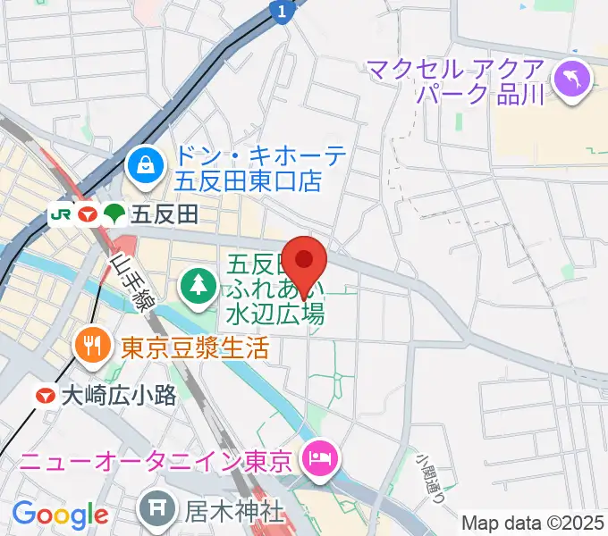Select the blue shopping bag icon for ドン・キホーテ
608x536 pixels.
pos(142,163)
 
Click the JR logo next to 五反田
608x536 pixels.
pos(63,214)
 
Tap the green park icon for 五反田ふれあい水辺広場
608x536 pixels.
pos(196,286)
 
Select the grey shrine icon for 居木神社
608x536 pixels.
pos(156,512)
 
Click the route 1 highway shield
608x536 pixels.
pos(283,11)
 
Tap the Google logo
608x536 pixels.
pos(60,515)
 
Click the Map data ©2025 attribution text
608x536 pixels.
pos(534,522)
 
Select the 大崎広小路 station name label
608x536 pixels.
pos(119,396)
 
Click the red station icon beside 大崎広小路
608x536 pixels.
pos(44,395)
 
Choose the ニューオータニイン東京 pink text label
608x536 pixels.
pos(156,462)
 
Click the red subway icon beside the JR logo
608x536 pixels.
pos(87,214)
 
